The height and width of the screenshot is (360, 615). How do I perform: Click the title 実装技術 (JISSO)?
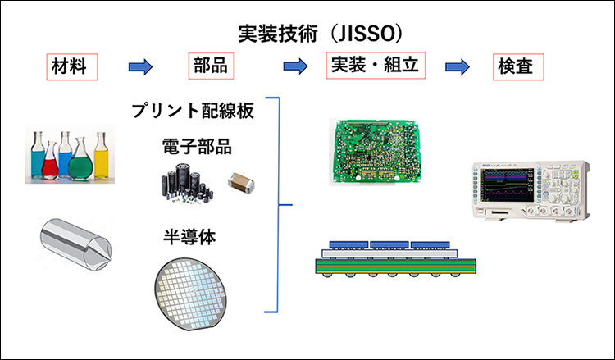[320, 34]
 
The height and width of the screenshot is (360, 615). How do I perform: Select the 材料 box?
[72, 66]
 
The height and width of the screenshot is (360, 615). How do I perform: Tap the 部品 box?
[211, 66]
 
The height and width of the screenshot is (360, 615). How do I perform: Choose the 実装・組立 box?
[376, 66]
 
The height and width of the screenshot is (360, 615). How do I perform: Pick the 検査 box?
[518, 66]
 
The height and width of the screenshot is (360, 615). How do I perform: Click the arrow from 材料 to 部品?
[140, 66]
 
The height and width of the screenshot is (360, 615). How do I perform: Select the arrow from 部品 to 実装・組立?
[295, 66]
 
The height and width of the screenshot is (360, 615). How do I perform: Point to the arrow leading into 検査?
[458, 66]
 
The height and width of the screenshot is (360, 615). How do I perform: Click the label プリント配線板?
[193, 111]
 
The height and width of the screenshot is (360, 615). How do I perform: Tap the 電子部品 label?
[197, 147]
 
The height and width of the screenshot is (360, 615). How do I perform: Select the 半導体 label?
[189, 237]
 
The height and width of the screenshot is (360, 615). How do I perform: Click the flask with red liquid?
[50, 161]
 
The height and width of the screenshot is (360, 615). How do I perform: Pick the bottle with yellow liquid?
[101, 156]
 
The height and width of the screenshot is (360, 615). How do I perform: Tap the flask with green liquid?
[80, 160]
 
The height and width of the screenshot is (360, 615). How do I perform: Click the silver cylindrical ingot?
[75, 244]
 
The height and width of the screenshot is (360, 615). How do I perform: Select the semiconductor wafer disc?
[190, 294]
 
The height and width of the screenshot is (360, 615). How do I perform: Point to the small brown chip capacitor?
[241, 182]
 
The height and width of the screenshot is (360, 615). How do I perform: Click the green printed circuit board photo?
[376, 152]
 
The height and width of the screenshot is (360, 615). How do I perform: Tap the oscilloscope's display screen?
[508, 185]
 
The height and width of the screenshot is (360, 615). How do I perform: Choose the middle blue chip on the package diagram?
[389, 245]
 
